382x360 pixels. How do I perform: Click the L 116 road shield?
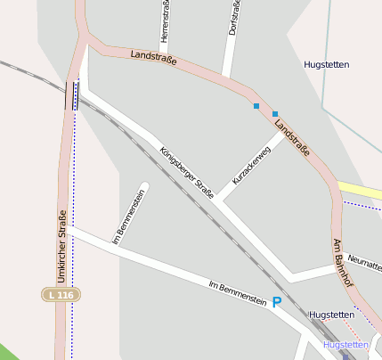click(x=61, y=294)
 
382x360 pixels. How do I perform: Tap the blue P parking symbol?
click(x=277, y=303)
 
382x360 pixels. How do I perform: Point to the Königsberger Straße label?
click(x=187, y=171)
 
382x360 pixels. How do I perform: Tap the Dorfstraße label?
click(x=233, y=18)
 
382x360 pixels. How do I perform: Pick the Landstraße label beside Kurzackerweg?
click(x=292, y=138)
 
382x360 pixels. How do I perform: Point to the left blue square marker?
click(x=256, y=107)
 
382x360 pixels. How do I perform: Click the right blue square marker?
click(x=275, y=114)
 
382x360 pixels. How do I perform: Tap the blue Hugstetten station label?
click(x=346, y=344)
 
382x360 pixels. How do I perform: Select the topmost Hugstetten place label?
click(x=326, y=65)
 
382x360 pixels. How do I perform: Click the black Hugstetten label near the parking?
click(x=331, y=315)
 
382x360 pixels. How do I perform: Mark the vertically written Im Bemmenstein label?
click(x=129, y=216)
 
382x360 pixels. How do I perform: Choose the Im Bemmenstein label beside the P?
click(x=237, y=295)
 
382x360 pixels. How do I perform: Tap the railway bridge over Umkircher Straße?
click(x=71, y=95)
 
